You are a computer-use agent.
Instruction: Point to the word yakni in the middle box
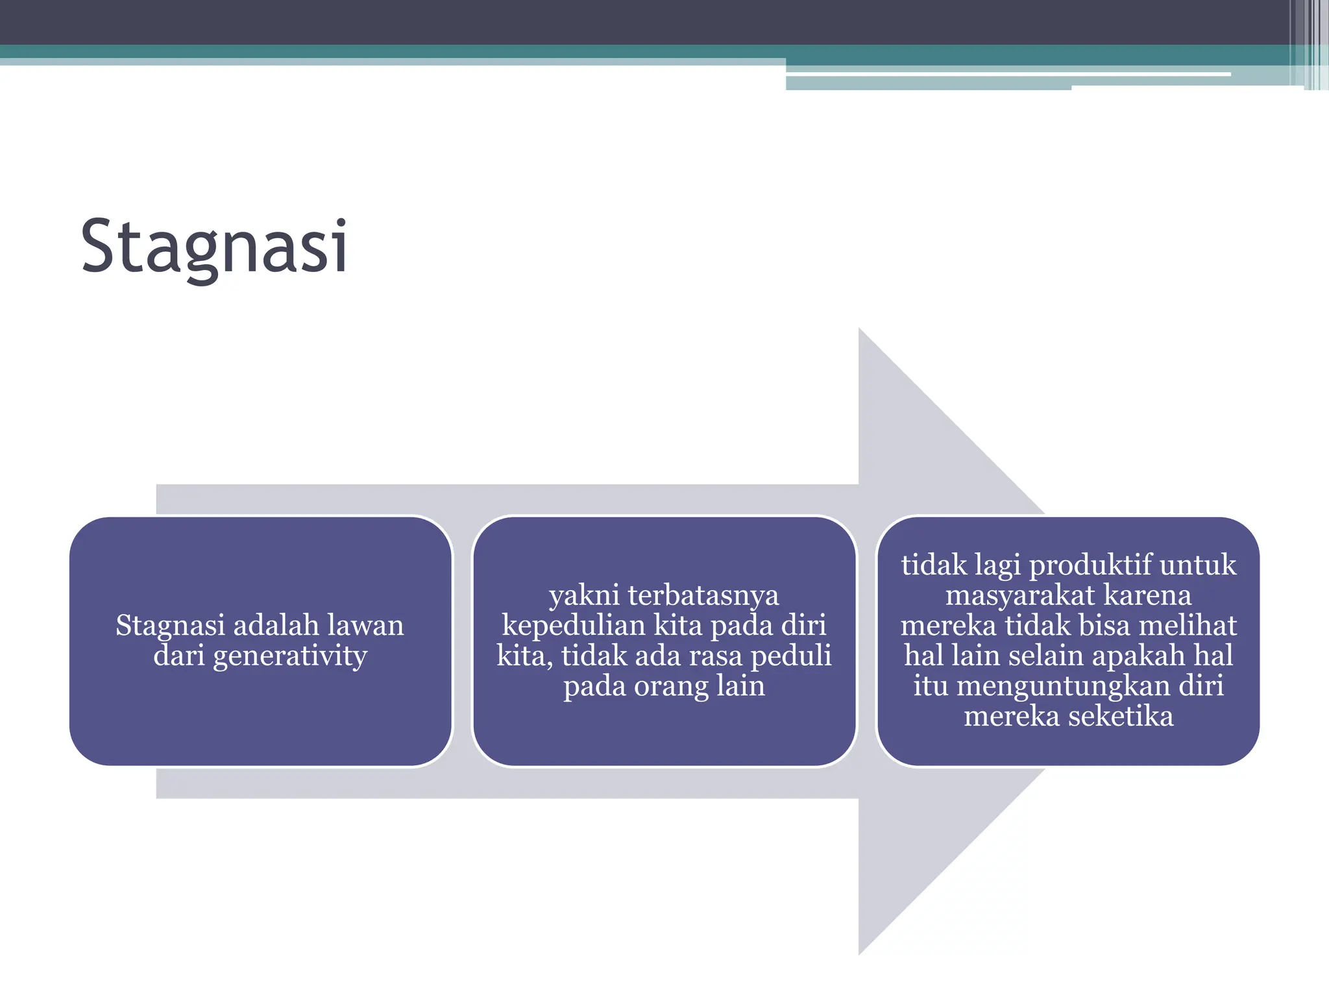[583, 595]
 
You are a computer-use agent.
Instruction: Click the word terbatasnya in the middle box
[703, 595]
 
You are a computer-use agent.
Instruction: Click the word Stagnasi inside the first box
[170, 626]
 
